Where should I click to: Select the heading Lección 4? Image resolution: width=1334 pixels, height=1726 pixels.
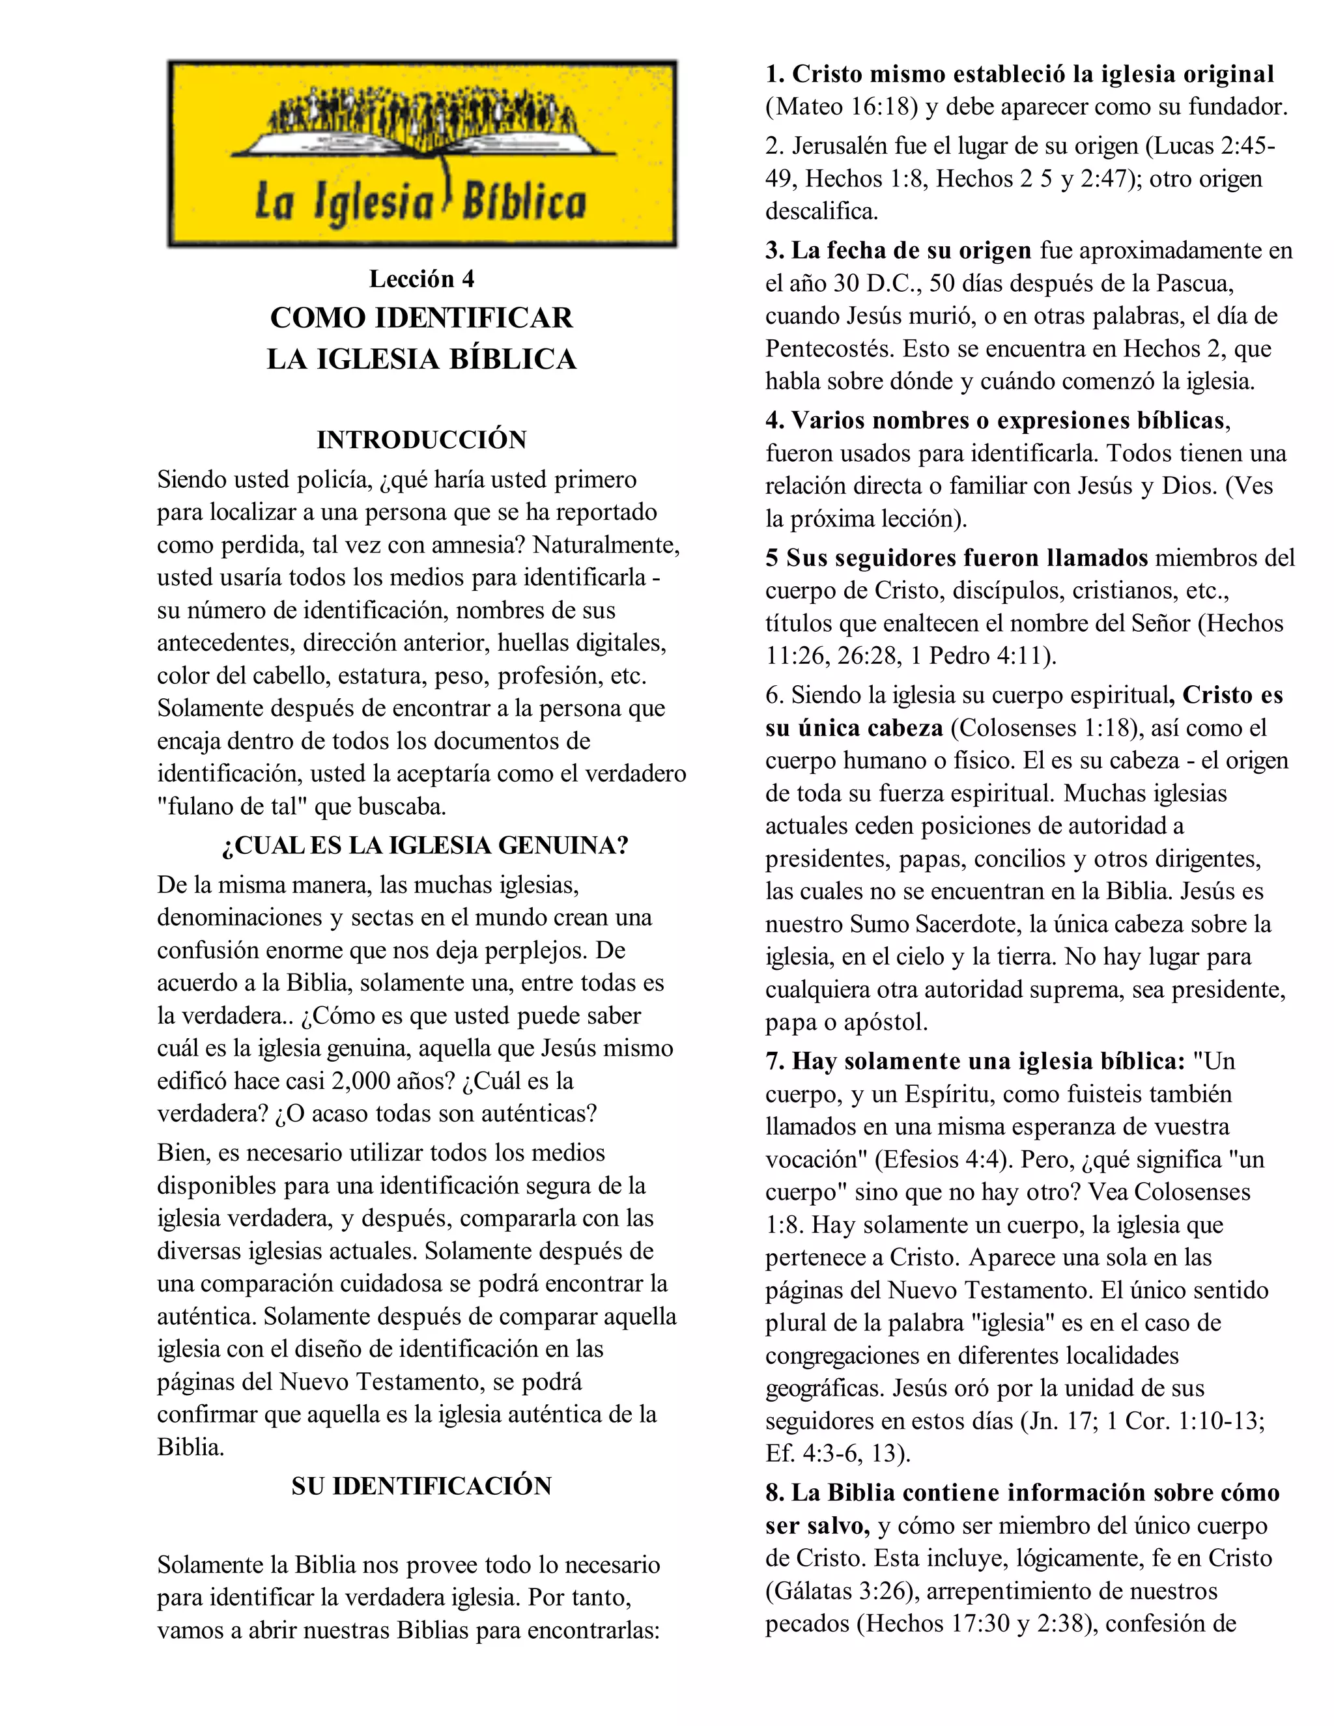click(421, 278)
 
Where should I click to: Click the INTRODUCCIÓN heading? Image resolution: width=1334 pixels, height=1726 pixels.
click(421, 440)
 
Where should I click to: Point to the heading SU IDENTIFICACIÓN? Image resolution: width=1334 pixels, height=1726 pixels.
click(421, 1486)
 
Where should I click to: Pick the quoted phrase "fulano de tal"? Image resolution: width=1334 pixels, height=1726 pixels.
click(233, 807)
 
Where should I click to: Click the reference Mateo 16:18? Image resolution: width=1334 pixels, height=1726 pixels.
click(847, 107)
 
